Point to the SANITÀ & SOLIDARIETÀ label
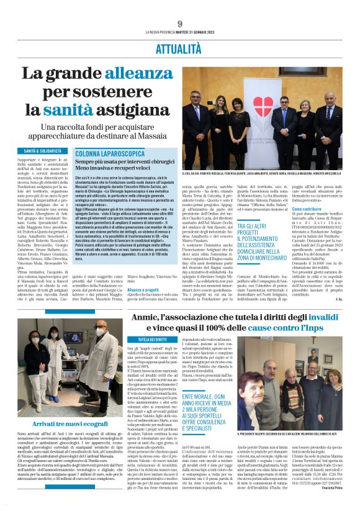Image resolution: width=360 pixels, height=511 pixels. [x=43, y=151]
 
